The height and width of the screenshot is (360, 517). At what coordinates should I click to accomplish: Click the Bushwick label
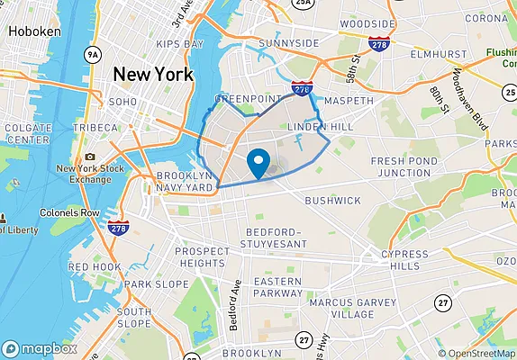332,200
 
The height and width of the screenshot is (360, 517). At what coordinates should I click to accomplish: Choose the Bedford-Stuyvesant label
275,238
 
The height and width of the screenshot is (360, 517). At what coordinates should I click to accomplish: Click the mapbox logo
40,347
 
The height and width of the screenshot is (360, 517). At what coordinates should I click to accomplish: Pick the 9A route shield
92,56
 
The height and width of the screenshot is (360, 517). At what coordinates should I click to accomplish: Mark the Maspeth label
349,101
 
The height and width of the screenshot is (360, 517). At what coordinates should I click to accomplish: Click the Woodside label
367,22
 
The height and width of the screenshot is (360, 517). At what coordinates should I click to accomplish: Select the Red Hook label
94,266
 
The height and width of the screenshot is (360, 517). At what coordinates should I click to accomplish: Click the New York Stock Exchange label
83,173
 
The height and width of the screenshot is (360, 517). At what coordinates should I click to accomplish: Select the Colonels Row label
69,213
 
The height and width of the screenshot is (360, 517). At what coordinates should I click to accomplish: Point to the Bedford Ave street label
236,304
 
